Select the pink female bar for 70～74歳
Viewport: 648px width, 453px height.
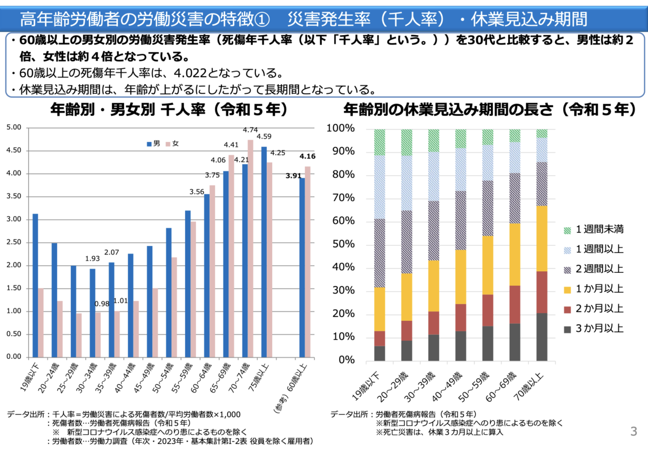[x=251, y=248]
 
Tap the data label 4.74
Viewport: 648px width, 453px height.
[x=251, y=130]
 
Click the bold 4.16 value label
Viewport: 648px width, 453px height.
[x=307, y=156]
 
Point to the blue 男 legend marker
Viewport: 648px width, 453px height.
[x=149, y=144]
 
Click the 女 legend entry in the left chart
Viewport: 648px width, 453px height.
[x=172, y=144]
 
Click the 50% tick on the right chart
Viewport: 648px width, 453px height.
[x=344, y=244]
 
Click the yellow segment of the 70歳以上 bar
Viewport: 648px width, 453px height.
[x=542, y=238]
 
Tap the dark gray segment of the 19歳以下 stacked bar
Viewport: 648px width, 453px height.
[x=379, y=353]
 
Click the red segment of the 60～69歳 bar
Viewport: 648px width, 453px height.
[x=515, y=304]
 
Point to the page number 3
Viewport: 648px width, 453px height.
[x=633, y=431]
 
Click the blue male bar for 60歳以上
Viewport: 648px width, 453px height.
[x=301, y=267]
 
